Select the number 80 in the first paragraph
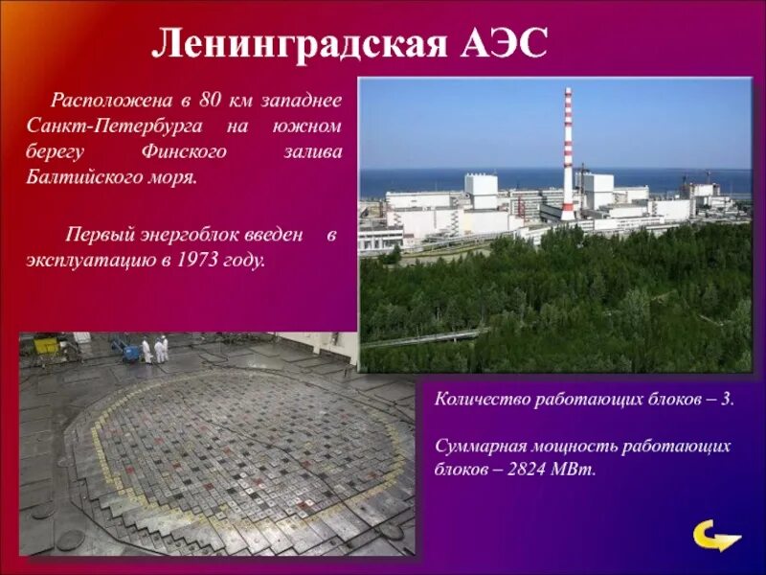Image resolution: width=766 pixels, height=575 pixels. (x=212, y=100)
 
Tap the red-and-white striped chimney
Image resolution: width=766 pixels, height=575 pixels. (x=567, y=153)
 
